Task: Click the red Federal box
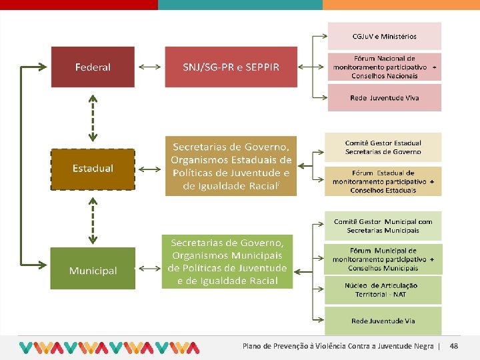(x=93, y=67)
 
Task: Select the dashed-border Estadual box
(x=93, y=169)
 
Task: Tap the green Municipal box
(x=93, y=268)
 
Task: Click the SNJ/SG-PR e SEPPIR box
(x=231, y=67)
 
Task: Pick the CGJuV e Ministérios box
(x=384, y=36)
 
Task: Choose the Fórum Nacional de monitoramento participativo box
(x=384, y=67)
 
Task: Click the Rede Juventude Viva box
(x=384, y=98)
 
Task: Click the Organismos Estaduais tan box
(x=231, y=166)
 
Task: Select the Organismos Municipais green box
(x=227, y=261)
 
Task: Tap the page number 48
(x=454, y=346)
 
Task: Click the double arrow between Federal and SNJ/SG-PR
(x=149, y=67)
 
